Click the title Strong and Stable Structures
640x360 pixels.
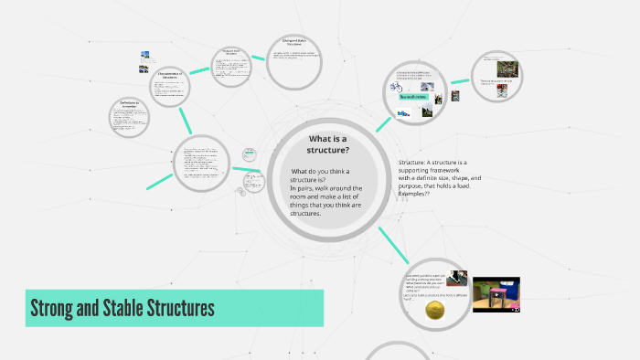[123, 308]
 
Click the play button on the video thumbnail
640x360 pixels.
[495, 294]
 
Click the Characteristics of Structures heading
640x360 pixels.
[170, 75]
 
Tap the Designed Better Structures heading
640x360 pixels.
[291, 43]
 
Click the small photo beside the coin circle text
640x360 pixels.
[456, 279]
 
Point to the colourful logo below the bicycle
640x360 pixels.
[403, 112]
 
